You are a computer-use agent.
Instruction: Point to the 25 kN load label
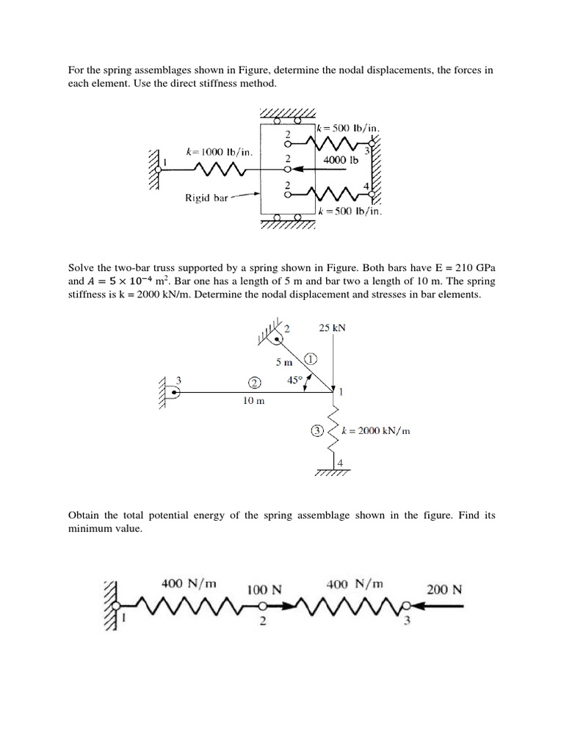coord(333,328)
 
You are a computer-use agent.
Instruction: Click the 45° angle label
coord(295,380)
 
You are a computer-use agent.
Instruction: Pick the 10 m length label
coord(254,401)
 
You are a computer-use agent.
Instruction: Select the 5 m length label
coord(284,362)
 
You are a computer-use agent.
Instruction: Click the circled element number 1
coord(310,359)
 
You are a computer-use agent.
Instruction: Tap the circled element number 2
coord(255,383)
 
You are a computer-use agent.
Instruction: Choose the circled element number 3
coord(317,431)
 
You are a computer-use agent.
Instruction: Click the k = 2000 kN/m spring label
coord(376,431)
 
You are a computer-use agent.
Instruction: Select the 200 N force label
coord(444,589)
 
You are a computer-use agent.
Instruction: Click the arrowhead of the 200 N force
coord(416,607)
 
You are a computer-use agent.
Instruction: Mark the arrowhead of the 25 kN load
coord(333,385)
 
